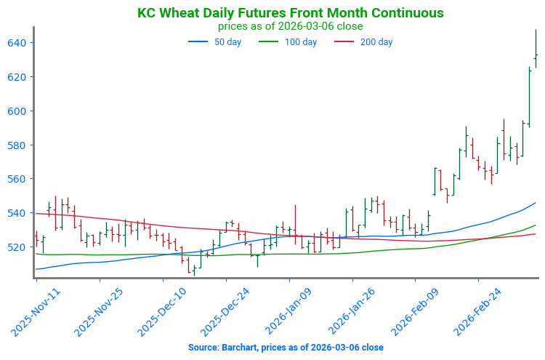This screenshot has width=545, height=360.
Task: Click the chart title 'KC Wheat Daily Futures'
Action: pos(290,13)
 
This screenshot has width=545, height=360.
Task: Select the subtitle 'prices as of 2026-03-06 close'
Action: pos(290,26)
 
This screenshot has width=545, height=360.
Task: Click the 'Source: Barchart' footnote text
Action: pos(286,348)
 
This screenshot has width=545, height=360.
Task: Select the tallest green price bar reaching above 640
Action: pos(536,48)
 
